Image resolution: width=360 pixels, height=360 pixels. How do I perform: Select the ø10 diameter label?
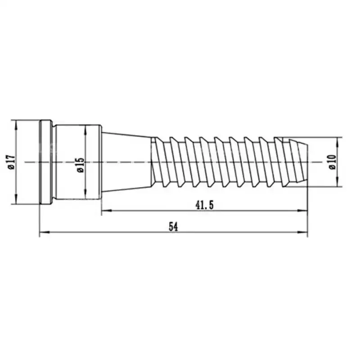[332, 162]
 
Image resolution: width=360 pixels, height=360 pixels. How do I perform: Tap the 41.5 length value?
[204, 205]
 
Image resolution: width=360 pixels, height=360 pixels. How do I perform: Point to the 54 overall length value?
[173, 227]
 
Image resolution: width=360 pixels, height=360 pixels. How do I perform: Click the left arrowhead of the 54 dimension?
[44, 232]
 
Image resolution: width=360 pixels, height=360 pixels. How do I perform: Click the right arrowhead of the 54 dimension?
[302, 232]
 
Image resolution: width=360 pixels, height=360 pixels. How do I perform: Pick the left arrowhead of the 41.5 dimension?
[107, 210]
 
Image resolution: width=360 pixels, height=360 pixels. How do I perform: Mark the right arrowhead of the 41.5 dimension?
[302, 210]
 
